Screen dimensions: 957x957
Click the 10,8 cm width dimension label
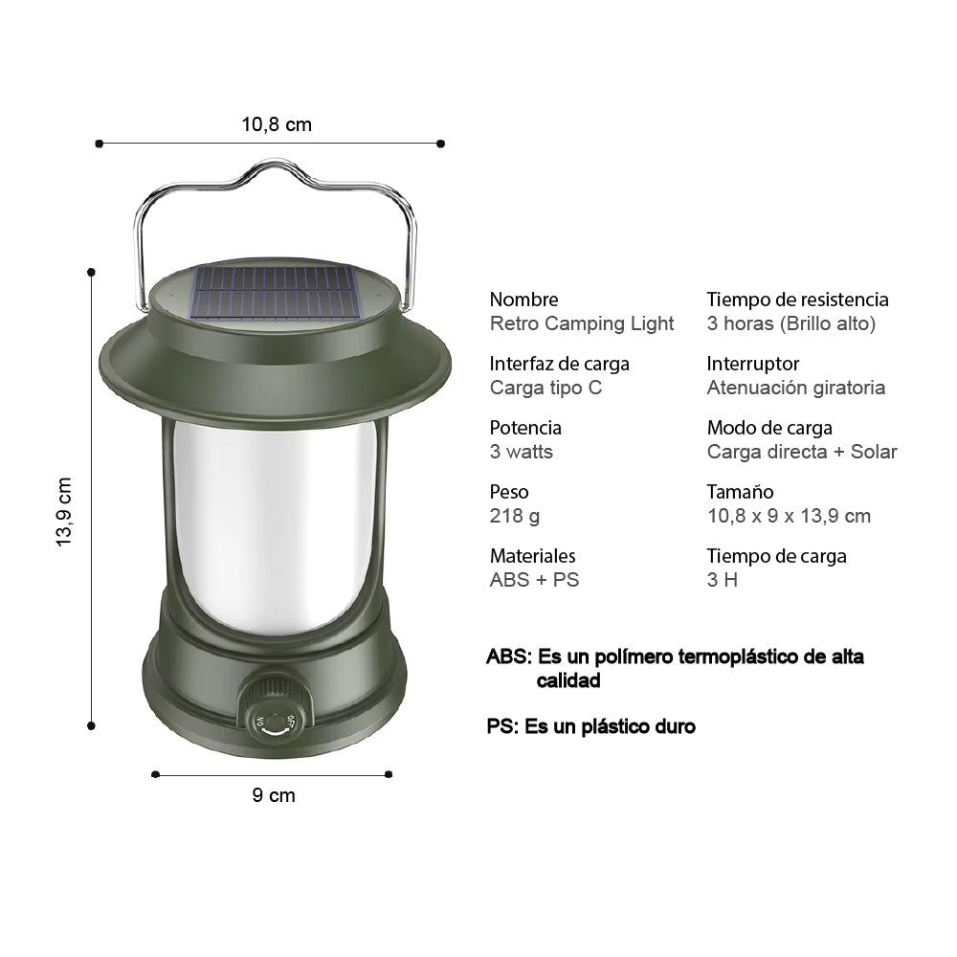(x=277, y=124)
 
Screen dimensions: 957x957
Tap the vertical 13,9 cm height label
(x=64, y=512)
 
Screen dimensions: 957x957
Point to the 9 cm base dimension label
(x=275, y=795)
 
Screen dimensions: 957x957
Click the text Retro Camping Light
(x=582, y=323)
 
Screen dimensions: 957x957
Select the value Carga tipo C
(x=545, y=388)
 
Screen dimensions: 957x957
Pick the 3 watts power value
(x=522, y=452)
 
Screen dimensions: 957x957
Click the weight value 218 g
(x=515, y=516)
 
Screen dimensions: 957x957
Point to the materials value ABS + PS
(x=534, y=580)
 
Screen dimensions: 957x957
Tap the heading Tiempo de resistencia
(x=797, y=300)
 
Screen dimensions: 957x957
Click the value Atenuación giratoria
(x=795, y=388)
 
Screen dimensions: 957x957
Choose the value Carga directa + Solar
(x=802, y=452)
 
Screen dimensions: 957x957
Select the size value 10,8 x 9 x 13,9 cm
(x=789, y=516)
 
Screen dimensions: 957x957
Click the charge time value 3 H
(x=723, y=580)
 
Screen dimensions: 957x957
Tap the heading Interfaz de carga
(x=559, y=364)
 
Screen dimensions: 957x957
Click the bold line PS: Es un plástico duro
(x=590, y=726)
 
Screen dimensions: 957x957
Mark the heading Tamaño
(x=740, y=492)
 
